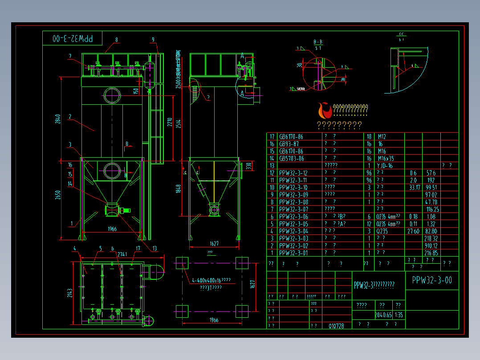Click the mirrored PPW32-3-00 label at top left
tap(73, 39)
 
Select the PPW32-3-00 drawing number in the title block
tap(432, 280)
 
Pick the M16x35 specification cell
tap(386, 159)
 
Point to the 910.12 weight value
tap(431, 245)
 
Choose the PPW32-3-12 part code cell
tap(293, 173)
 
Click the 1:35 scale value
tap(399, 315)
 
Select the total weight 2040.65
tap(382, 315)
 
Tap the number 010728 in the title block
tap(336, 326)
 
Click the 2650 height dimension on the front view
tap(58, 196)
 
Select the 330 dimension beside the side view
tap(249, 166)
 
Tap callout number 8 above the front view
tap(117, 40)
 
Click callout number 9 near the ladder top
tap(153, 40)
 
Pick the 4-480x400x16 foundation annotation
tap(211, 280)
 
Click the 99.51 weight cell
tap(431, 188)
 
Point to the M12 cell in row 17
tap(382, 137)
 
